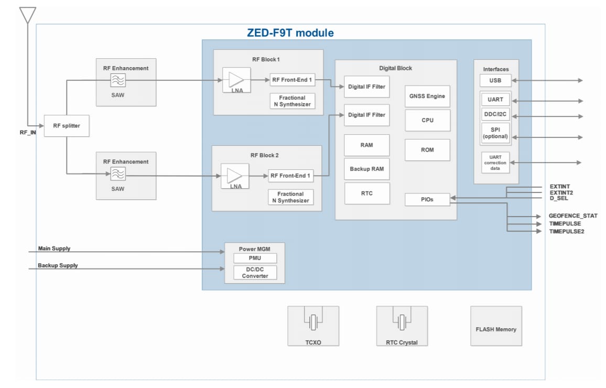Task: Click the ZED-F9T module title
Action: pyautogui.click(x=290, y=33)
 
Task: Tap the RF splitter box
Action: pyautogui.click(x=66, y=126)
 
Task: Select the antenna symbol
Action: pyautogui.click(x=27, y=15)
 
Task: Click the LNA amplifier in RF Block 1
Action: pyautogui.click(x=236, y=80)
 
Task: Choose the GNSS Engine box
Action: pyautogui.click(x=427, y=96)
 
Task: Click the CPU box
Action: pyautogui.click(x=427, y=120)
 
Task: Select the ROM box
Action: pyautogui.click(x=427, y=150)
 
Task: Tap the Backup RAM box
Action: pyautogui.click(x=367, y=169)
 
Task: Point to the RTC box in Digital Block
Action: pyautogui.click(x=367, y=193)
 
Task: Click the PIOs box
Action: pyautogui.click(x=427, y=199)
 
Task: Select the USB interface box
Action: pyautogui.click(x=495, y=80)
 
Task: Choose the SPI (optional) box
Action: pyautogui.click(x=495, y=132)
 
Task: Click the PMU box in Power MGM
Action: pyautogui.click(x=255, y=258)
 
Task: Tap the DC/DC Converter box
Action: pyautogui.click(x=255, y=273)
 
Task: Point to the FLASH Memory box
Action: pyautogui.click(x=496, y=329)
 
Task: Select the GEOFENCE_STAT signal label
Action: pyautogui.click(x=573, y=216)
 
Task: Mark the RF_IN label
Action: pyautogui.click(x=28, y=133)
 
